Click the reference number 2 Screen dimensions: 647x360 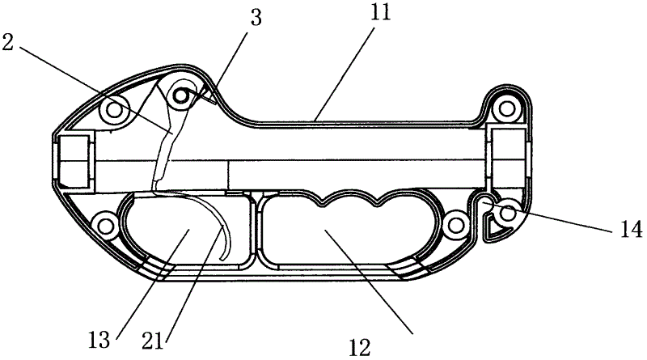pyautogui.click(x=7, y=43)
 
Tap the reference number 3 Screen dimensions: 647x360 pyautogui.click(x=256, y=19)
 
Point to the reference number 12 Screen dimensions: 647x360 pyautogui.click(x=360, y=347)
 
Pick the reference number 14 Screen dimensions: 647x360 pyautogui.click(x=631, y=229)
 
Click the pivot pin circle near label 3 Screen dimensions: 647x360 pyautogui.click(x=180, y=95)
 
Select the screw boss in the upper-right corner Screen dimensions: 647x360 pyautogui.click(x=505, y=109)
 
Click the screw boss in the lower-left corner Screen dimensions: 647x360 pyautogui.click(x=106, y=226)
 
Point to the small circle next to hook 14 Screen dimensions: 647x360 pyautogui.click(x=507, y=214)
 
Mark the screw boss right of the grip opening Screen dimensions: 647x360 pyautogui.click(x=455, y=225)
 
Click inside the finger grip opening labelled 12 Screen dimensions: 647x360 pyautogui.click(x=351, y=235)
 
